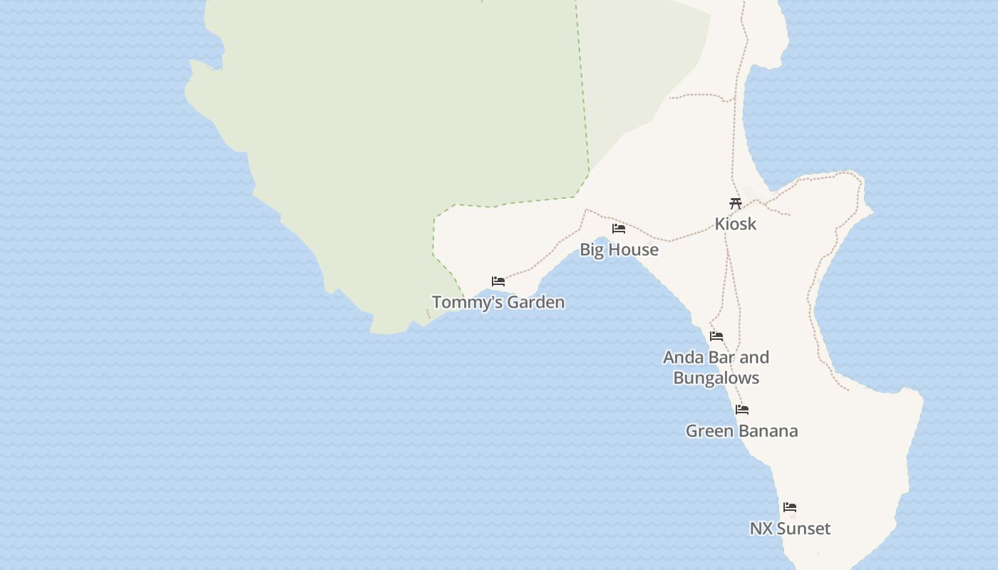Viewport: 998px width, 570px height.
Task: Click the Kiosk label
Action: [736, 224]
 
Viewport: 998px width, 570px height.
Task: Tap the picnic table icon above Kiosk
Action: [736, 203]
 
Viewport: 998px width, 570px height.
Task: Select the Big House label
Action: [619, 249]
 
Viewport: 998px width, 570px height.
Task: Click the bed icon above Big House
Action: [619, 229]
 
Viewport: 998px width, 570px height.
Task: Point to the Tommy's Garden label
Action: [498, 302]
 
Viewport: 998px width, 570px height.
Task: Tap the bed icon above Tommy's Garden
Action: [498, 281]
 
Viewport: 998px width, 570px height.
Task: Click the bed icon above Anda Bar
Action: [716, 336]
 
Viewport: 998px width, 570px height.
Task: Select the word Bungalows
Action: [716, 378]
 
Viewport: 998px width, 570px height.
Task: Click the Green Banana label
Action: [741, 431]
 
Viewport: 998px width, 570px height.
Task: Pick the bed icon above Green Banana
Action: [742, 410]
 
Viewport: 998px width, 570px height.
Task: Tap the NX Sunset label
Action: [790, 529]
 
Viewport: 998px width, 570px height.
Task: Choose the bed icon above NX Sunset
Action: [790, 507]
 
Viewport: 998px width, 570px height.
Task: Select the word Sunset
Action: [803, 529]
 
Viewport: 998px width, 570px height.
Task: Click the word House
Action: [636, 249]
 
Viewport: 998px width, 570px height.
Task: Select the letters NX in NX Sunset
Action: [761, 529]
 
